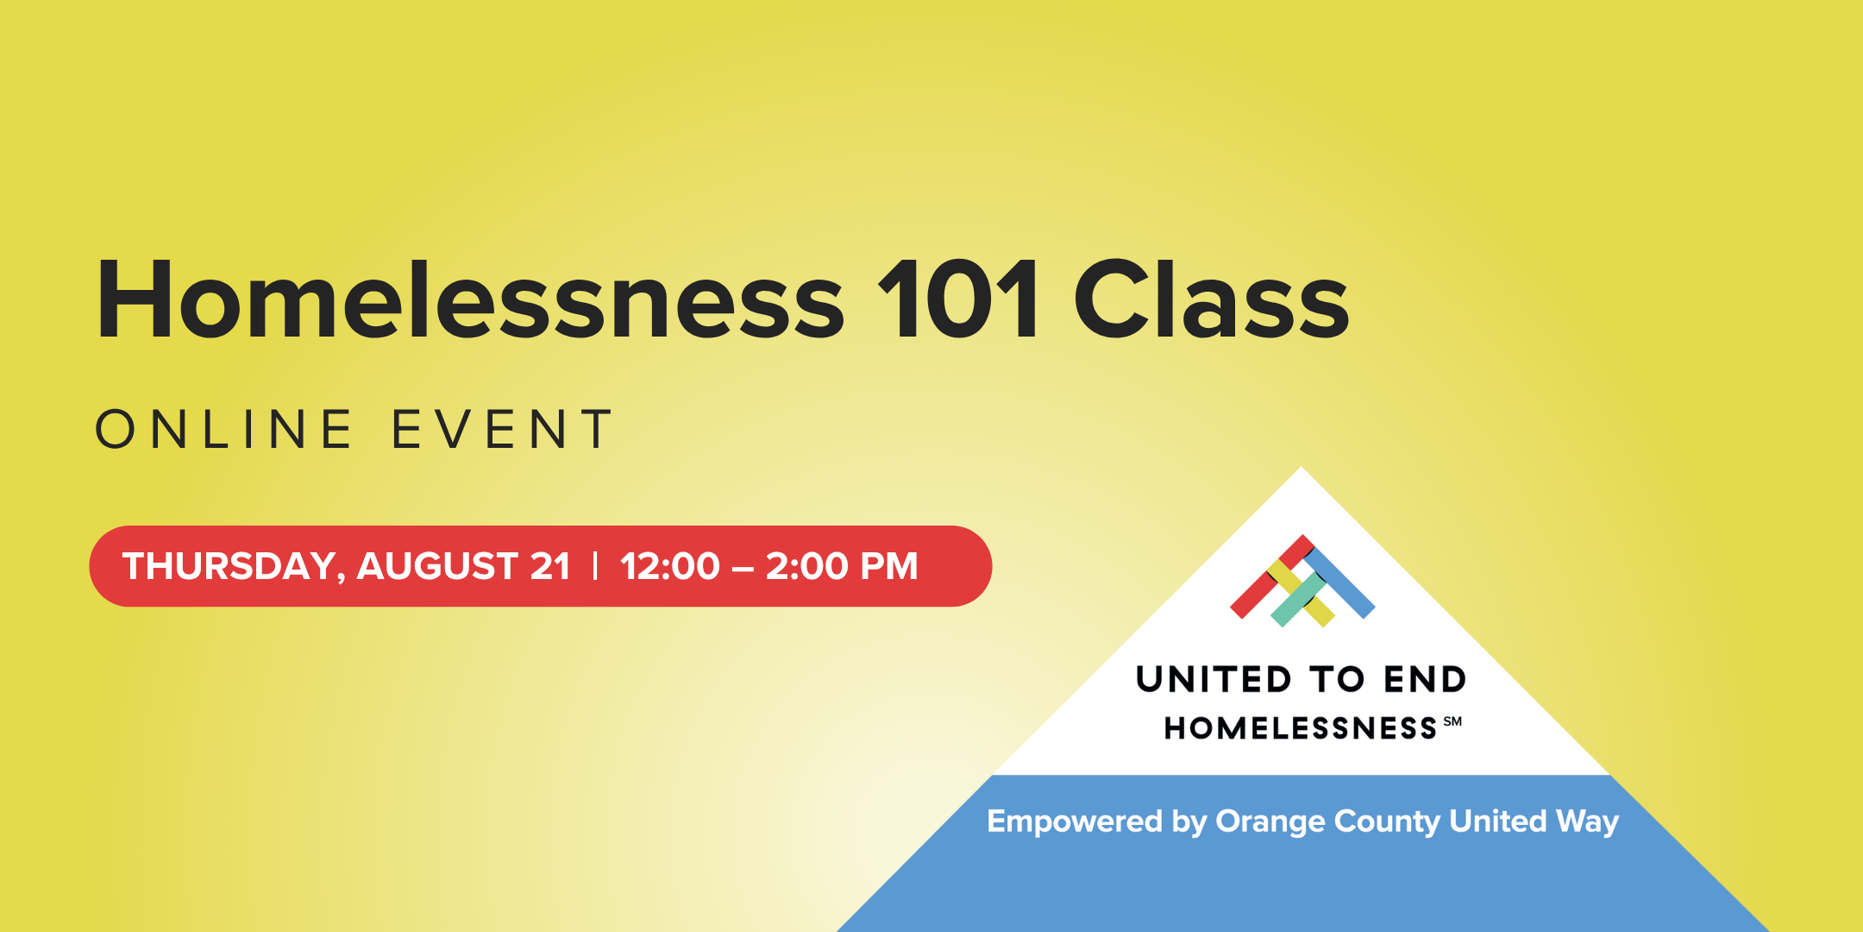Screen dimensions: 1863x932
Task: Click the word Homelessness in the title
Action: [x=470, y=299]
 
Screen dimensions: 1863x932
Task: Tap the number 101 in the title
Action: [x=958, y=299]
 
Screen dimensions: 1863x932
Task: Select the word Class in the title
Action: [x=1211, y=299]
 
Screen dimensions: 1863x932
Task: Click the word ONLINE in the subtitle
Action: [x=224, y=430]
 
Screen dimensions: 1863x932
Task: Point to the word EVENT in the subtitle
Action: [x=502, y=430]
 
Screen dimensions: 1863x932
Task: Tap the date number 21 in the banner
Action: [x=550, y=566]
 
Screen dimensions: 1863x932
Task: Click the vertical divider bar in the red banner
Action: [x=595, y=566]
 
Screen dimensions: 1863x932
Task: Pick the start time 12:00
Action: [x=670, y=566]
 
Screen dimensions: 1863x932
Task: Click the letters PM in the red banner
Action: [x=889, y=566]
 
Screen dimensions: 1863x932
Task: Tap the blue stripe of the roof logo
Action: [x=1339, y=582]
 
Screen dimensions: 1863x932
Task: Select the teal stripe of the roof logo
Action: [x=1297, y=601]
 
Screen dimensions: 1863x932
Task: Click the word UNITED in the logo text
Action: [x=1214, y=680]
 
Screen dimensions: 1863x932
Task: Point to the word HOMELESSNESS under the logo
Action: [x=1301, y=728]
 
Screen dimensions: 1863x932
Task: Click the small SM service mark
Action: [x=1452, y=721]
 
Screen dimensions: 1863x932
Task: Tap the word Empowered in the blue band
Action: [x=1075, y=822]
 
